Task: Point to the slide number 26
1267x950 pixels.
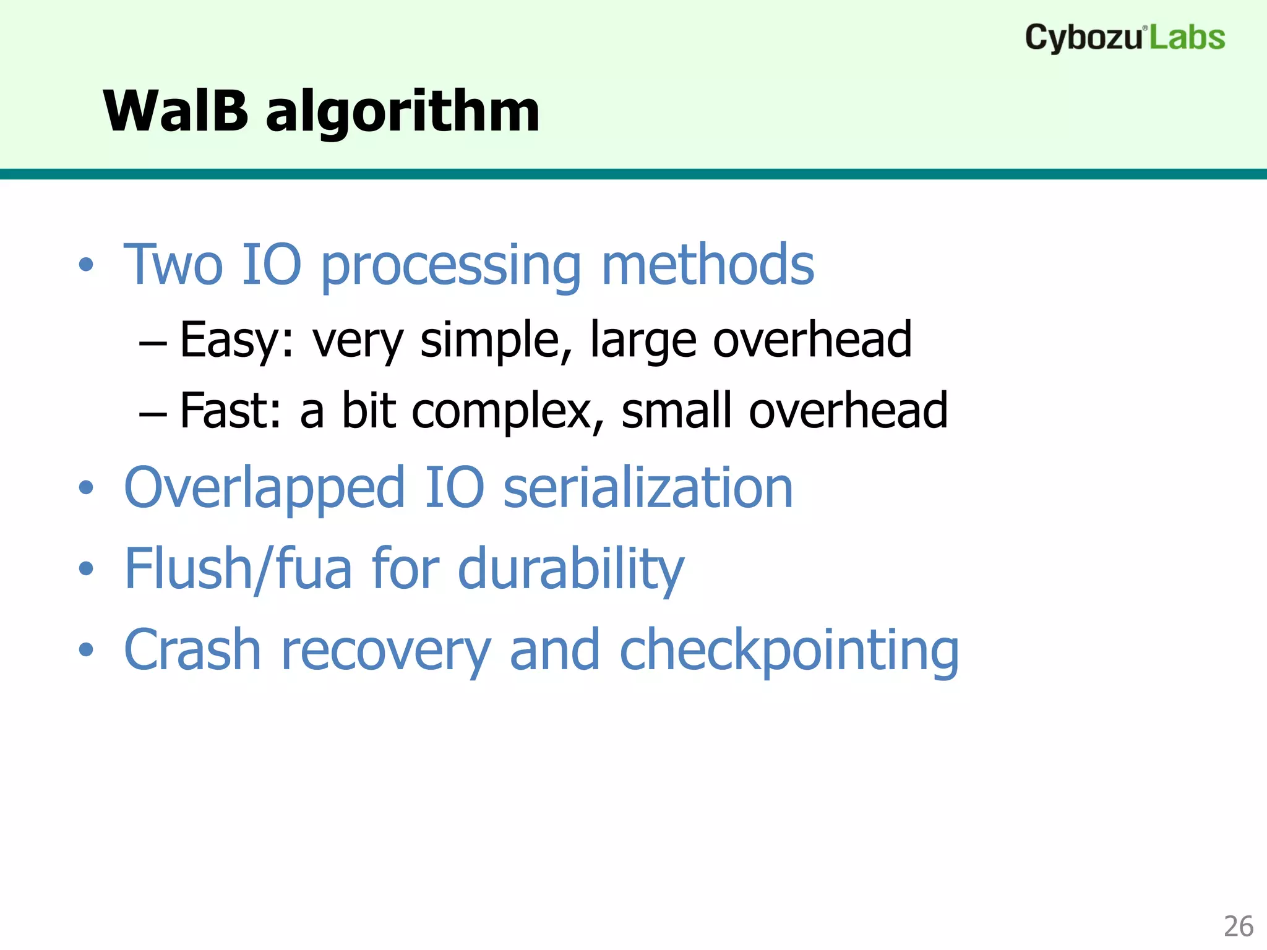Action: [x=1238, y=926]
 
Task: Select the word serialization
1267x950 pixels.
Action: [x=648, y=489]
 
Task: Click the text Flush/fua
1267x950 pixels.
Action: [x=238, y=569]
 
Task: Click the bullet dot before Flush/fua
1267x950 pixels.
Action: [x=86, y=568]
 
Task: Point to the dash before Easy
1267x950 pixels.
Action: [x=153, y=342]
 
